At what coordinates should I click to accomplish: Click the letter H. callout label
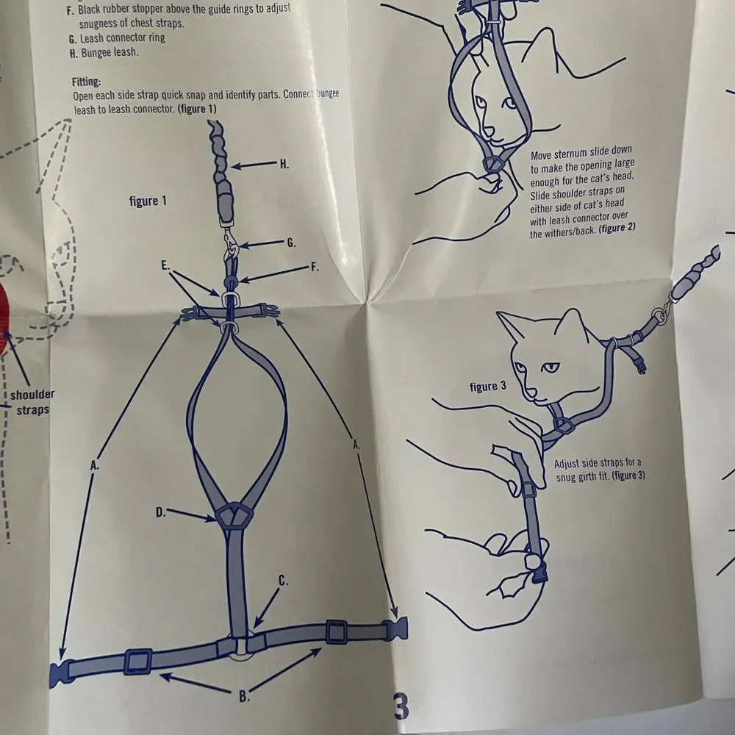coord(284,164)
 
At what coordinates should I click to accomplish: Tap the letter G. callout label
coord(292,243)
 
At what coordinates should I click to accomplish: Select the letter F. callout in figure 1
coord(315,268)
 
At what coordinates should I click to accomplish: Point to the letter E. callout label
coord(165,265)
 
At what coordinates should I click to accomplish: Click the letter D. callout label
coord(161,512)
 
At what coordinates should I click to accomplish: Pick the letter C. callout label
coord(284,581)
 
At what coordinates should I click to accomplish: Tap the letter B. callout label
coord(244,697)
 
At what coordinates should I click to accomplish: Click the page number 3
coord(401,706)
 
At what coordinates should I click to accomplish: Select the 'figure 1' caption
coord(148,201)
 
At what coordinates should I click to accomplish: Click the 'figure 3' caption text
coord(488,387)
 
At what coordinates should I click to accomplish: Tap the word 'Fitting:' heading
coord(86,82)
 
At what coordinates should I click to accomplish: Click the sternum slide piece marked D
coord(234,514)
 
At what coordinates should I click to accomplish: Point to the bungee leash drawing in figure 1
coord(223,175)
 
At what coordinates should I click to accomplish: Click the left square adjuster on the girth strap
coord(138,661)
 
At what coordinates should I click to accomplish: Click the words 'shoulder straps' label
coord(32,402)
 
